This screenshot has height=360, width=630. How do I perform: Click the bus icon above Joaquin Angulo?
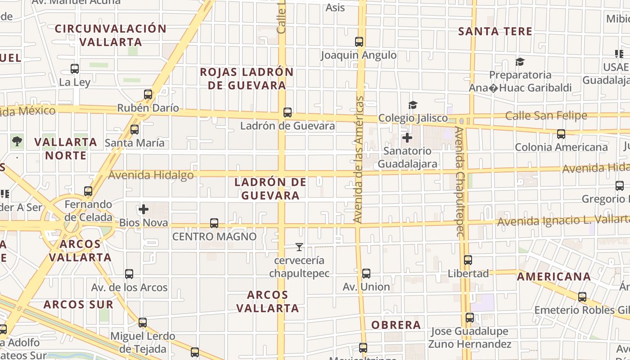[359, 42]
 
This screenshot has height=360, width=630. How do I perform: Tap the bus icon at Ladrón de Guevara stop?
[288, 112]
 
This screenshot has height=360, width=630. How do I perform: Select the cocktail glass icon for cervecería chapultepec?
[299, 247]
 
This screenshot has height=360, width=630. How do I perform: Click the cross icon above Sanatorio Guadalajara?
[407, 137]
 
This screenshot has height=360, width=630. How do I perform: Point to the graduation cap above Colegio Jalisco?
[413, 105]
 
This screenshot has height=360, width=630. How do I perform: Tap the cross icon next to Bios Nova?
[144, 209]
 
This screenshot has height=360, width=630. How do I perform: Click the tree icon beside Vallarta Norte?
[17, 141]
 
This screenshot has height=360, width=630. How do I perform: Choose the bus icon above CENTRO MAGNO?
[214, 223]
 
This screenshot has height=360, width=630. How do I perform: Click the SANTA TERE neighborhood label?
[495, 31]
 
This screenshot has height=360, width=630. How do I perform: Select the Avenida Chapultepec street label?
[459, 181]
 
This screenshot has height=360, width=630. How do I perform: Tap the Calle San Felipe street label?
[546, 116]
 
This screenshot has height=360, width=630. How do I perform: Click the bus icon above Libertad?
[468, 260]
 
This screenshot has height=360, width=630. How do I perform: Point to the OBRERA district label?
[396, 325]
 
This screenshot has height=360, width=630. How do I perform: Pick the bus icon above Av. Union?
[366, 274]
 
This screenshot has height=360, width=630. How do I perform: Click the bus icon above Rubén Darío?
[148, 94]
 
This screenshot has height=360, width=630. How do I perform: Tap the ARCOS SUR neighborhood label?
[78, 305]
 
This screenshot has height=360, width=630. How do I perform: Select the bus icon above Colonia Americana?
[561, 134]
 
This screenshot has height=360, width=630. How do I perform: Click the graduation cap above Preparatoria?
[520, 62]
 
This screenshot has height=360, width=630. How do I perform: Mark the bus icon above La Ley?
[75, 69]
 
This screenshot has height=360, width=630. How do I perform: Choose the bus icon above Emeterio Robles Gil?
[582, 297]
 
